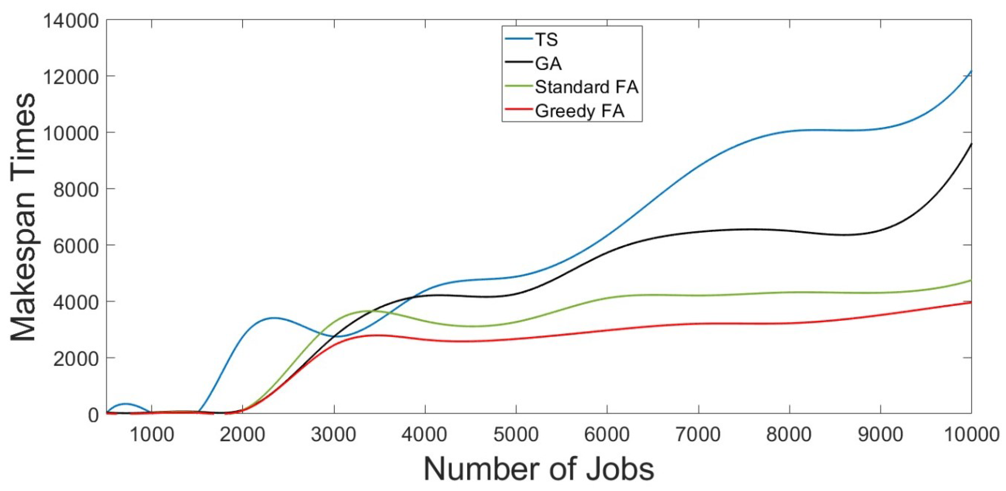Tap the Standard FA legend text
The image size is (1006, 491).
[586, 87]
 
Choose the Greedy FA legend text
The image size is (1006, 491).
[580, 111]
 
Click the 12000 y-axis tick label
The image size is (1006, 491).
[70, 77]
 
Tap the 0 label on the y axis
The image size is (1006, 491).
[93, 415]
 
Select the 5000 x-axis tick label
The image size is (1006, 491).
[516, 434]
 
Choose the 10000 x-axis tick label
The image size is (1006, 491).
[971, 434]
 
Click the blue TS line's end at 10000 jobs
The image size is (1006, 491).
[971, 71]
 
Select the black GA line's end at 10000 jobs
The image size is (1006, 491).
[971, 144]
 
